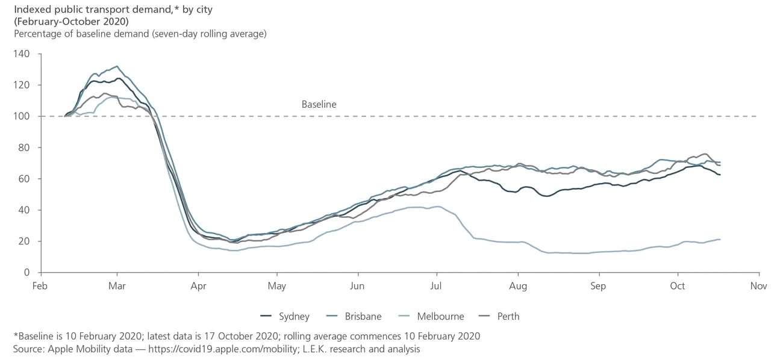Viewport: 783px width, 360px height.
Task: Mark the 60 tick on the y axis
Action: (x=23, y=179)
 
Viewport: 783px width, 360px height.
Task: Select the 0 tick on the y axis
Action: (x=27, y=273)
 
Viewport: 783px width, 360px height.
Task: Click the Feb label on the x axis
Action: (x=40, y=286)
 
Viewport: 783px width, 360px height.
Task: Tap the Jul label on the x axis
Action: (x=437, y=286)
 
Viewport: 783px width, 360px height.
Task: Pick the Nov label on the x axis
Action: (x=758, y=286)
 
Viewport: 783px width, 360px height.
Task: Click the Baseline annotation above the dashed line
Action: (x=319, y=104)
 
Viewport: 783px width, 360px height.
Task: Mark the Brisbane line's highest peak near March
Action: (x=117, y=66)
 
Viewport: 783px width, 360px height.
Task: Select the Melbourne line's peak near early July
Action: (x=438, y=206)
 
